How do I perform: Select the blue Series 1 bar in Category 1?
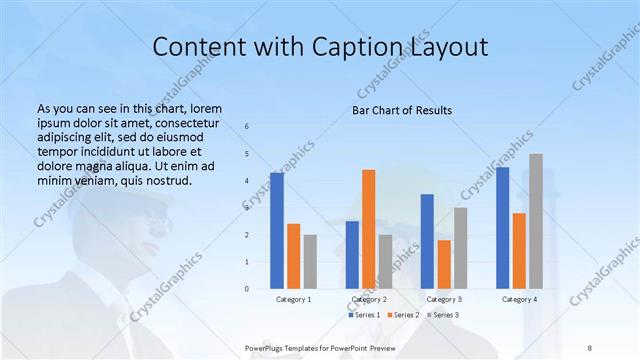pyautogui.click(x=277, y=230)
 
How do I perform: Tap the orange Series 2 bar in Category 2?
pyautogui.click(x=368, y=229)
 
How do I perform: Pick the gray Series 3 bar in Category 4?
pyautogui.click(x=536, y=221)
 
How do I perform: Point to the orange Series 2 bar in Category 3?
pyautogui.click(x=444, y=264)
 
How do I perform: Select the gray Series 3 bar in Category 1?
pyautogui.click(x=310, y=261)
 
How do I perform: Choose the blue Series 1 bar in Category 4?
pyautogui.click(x=502, y=228)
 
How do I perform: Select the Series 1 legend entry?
pyautogui.click(x=363, y=315)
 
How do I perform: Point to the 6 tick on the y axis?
pyautogui.click(x=247, y=126)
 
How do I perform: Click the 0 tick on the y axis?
pyautogui.click(x=247, y=289)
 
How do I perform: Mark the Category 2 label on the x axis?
pyautogui.click(x=368, y=299)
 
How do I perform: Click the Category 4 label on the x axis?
pyautogui.click(x=519, y=299)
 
